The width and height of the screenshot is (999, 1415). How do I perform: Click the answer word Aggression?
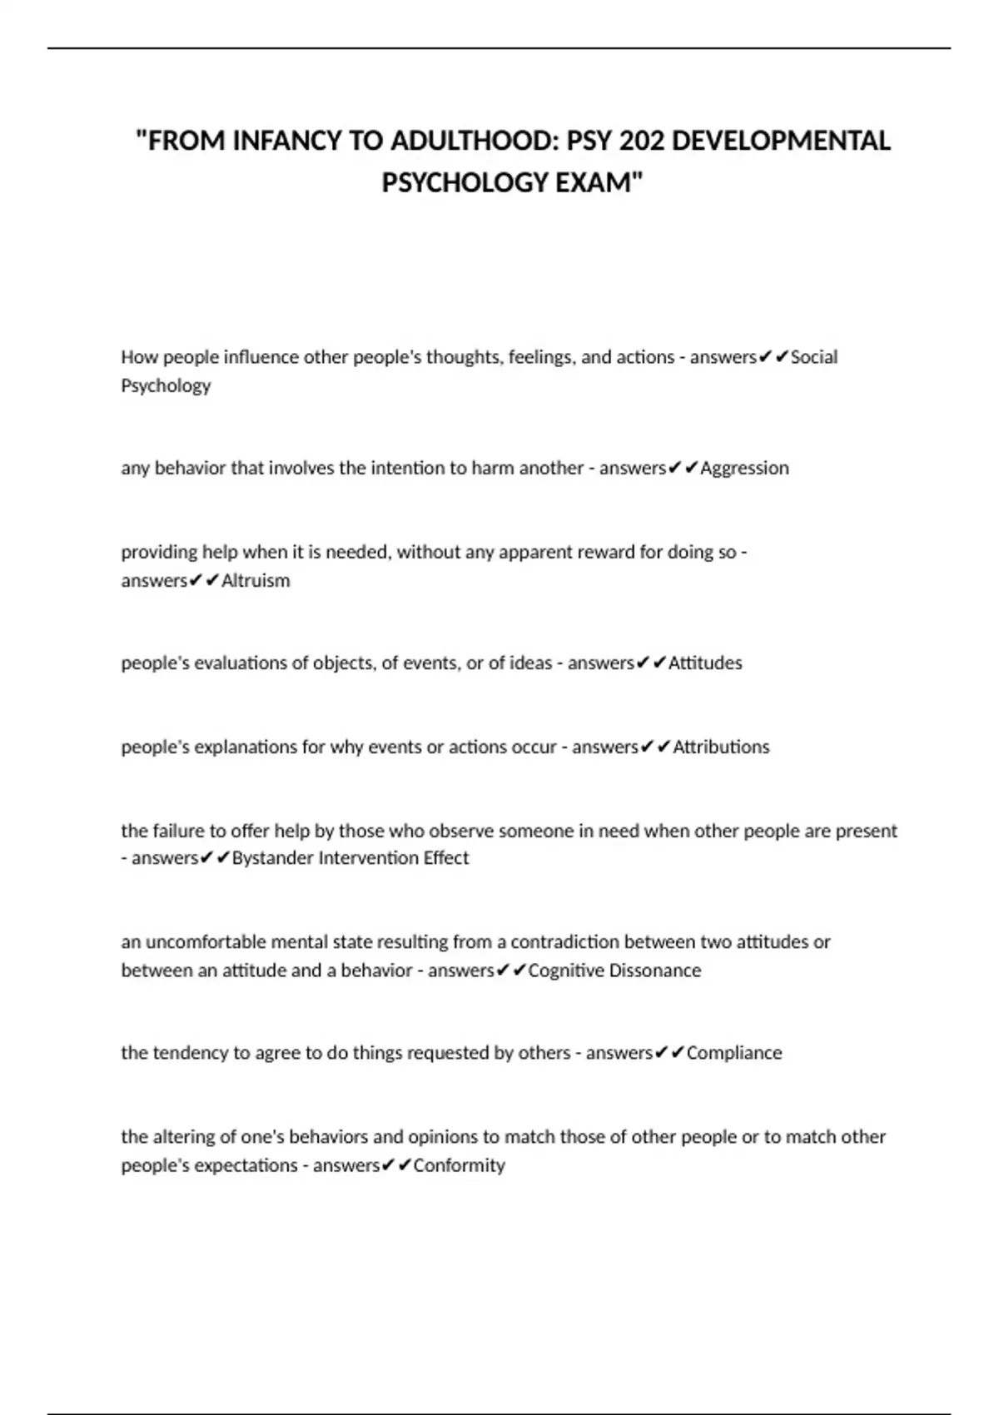click(x=744, y=468)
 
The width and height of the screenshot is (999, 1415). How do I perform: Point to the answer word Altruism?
click(x=256, y=580)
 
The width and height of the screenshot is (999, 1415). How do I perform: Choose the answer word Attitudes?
click(x=705, y=663)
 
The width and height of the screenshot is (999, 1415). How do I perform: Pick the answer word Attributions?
click(x=721, y=747)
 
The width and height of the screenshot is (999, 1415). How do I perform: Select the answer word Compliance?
click(x=734, y=1053)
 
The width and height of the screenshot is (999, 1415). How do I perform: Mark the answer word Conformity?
click(x=459, y=1165)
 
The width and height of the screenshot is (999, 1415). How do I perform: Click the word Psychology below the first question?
click(x=166, y=386)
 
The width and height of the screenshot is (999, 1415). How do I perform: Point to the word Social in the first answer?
click(x=814, y=357)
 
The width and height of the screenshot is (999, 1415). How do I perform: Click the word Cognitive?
click(x=566, y=971)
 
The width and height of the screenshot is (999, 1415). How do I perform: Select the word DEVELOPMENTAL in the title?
click(x=781, y=141)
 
